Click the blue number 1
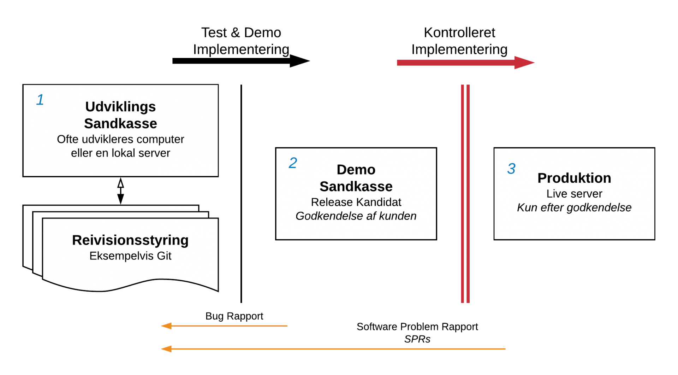click(x=40, y=100)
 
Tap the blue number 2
click(x=293, y=163)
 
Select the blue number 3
click(x=511, y=169)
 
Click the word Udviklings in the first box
click(x=120, y=107)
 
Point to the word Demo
click(x=356, y=170)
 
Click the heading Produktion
click(x=574, y=178)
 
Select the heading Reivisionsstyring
click(x=130, y=240)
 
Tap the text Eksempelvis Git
click(x=130, y=256)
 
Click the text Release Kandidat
click(x=356, y=202)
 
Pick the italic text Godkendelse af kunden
click(x=356, y=216)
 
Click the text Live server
click(x=574, y=194)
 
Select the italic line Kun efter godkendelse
click(x=574, y=207)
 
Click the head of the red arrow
click(x=524, y=63)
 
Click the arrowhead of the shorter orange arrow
click(x=166, y=326)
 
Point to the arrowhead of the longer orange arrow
click(x=166, y=349)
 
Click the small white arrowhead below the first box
click(x=120, y=184)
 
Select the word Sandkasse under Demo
click(x=356, y=187)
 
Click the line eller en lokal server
click(x=120, y=153)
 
